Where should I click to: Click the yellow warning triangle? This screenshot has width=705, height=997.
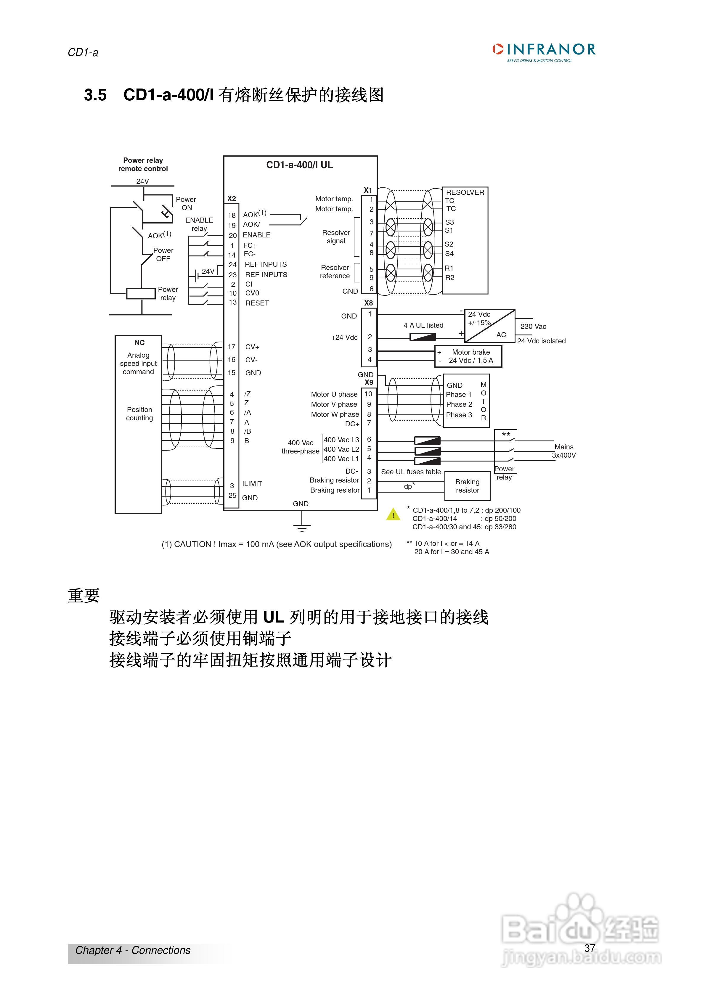[393, 514]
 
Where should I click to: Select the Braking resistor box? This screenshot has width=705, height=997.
[468, 486]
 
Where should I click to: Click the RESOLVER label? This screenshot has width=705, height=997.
[465, 192]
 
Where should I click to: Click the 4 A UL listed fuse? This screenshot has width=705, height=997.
[423, 337]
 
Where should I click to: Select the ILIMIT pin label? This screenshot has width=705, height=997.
[252, 484]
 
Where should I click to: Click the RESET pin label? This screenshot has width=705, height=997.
[257, 303]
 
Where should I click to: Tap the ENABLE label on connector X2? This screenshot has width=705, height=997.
[256, 235]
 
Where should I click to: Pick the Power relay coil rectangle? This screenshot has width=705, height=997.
[141, 294]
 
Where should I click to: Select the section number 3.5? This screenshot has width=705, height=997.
[95, 95]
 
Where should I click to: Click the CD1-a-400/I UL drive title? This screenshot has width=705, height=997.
[299, 165]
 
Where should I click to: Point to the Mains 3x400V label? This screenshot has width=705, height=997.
[564, 451]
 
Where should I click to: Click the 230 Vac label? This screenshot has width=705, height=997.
[533, 327]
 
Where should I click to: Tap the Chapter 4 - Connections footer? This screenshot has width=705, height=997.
[133, 950]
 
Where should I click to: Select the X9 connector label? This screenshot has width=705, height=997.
[369, 382]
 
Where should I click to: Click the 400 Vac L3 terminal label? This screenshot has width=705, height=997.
[341, 440]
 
